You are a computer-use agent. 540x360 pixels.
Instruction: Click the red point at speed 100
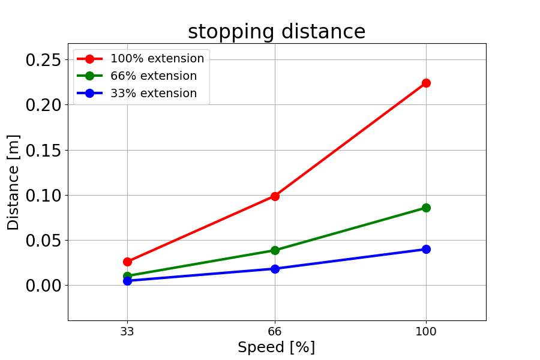(426, 83)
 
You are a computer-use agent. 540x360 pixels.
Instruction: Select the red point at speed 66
(275, 196)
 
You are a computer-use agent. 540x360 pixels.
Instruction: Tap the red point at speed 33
(127, 262)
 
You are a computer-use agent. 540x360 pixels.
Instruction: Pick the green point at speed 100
(426, 208)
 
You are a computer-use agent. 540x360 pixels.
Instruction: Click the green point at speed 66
(275, 250)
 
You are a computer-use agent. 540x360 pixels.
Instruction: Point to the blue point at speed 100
(426, 249)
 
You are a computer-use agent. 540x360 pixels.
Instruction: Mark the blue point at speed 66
(275, 269)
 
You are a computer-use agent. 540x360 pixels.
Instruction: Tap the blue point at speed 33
(127, 281)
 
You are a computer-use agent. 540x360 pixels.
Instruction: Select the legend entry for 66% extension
(137, 76)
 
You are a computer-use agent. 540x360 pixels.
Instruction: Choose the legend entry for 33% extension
(137, 94)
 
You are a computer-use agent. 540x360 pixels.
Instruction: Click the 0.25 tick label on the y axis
(43, 60)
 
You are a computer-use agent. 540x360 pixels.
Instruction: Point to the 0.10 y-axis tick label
(43, 196)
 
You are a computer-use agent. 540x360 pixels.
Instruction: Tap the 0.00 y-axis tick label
(43, 286)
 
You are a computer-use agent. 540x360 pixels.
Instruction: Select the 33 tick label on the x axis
(127, 331)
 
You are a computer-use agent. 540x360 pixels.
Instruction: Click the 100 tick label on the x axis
(426, 331)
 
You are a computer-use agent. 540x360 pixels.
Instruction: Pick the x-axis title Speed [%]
(276, 347)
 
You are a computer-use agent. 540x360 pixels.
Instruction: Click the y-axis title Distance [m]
(13, 182)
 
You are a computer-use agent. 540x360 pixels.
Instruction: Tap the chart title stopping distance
(277, 32)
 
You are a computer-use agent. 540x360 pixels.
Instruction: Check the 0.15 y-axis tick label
(43, 150)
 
